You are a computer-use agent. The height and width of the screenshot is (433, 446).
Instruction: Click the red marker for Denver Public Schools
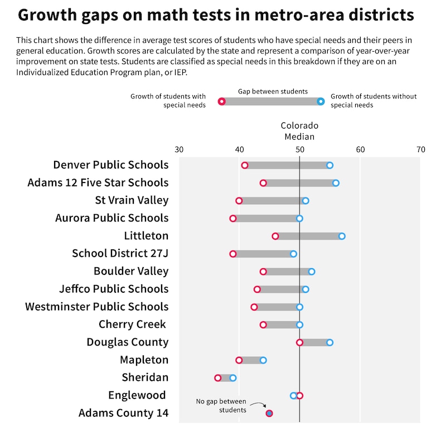pyautogui.click(x=245, y=165)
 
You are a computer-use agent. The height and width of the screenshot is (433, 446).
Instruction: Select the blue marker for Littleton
pyautogui.click(x=342, y=236)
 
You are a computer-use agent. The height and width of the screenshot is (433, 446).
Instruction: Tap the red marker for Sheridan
pyautogui.click(x=218, y=378)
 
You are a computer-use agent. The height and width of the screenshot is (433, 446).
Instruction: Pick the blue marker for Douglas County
pyautogui.click(x=329, y=342)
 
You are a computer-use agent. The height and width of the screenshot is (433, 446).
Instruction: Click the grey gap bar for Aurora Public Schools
pyautogui.click(x=266, y=218)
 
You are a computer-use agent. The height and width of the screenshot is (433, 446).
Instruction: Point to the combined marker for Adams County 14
pyautogui.click(x=269, y=413)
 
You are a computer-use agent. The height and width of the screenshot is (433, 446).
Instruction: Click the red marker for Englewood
pyautogui.click(x=300, y=396)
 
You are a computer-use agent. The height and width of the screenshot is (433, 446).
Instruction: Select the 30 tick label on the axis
pyautogui.click(x=179, y=149)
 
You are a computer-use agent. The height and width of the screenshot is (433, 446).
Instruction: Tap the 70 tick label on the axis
pyautogui.click(x=421, y=149)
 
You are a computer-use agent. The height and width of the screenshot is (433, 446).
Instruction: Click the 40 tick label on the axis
pyautogui.click(x=239, y=149)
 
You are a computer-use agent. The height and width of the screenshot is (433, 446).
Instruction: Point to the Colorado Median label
pyautogui.click(x=299, y=131)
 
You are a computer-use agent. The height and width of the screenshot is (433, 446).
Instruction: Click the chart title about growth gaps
pyautogui.click(x=216, y=15)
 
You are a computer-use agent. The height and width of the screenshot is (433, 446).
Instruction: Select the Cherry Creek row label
pyautogui.click(x=133, y=324)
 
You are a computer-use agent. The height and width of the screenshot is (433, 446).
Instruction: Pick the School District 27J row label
pyautogui.click(x=120, y=253)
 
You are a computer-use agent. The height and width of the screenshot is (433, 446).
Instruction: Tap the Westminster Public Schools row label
pyautogui.click(x=96, y=306)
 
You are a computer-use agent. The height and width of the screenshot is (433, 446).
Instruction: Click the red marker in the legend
pyautogui.click(x=221, y=101)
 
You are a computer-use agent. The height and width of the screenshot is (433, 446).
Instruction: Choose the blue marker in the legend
pyautogui.click(x=321, y=101)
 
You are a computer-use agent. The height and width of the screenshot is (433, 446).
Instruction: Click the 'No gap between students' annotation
pyautogui.click(x=221, y=406)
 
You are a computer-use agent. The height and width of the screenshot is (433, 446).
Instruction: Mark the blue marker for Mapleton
pyautogui.click(x=263, y=360)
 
